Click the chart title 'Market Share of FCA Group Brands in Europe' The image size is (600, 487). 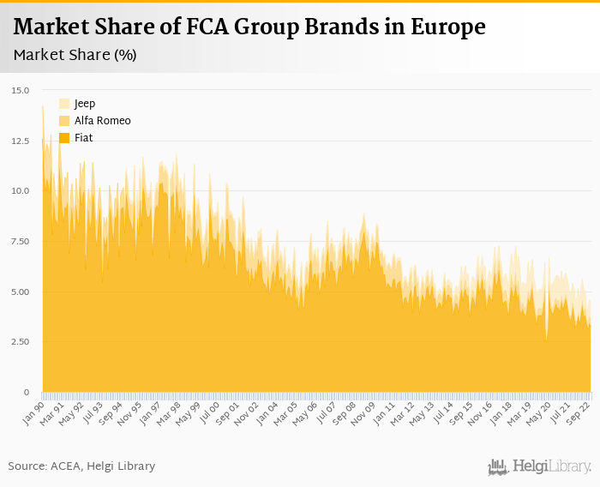tap(249, 27)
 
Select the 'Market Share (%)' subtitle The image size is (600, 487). tap(75, 55)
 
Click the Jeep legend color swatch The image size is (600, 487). tap(64, 104)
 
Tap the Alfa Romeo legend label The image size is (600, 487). tap(102, 121)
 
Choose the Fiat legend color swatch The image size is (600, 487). tap(64, 138)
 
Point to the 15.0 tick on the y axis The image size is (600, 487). tap(21, 90)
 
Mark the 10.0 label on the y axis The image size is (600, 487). tap(21, 191)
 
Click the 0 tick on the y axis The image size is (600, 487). tap(26, 393)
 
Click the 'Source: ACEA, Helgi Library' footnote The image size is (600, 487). tap(81, 466)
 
